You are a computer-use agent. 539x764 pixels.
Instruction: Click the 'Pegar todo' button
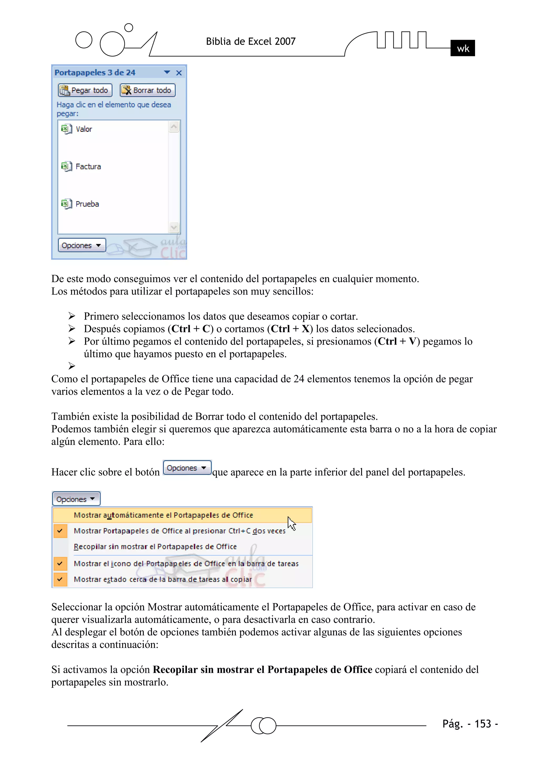point(85,90)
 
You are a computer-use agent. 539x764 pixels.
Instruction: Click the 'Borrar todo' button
point(147,90)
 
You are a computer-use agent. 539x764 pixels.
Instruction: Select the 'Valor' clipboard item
point(83,129)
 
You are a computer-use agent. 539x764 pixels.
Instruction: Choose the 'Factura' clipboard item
point(88,166)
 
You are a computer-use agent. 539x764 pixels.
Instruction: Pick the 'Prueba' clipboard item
point(87,204)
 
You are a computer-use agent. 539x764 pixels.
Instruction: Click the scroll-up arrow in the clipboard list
point(174,126)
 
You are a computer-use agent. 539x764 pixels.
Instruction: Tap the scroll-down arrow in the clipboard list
point(174,228)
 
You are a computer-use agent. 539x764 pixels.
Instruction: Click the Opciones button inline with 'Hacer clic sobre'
point(187,468)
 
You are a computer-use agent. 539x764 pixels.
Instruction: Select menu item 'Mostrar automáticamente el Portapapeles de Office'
point(163,515)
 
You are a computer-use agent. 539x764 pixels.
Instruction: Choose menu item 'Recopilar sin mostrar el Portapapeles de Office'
point(155,547)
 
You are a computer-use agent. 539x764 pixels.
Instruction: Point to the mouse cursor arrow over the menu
point(291,523)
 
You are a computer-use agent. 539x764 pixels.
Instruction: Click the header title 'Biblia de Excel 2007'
point(251,41)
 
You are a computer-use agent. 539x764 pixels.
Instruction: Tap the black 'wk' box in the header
point(462,48)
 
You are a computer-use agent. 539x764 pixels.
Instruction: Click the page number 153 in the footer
point(482,724)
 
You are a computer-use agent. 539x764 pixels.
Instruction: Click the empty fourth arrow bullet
point(72,366)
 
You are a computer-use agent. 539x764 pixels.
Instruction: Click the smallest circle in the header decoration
point(129,28)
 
